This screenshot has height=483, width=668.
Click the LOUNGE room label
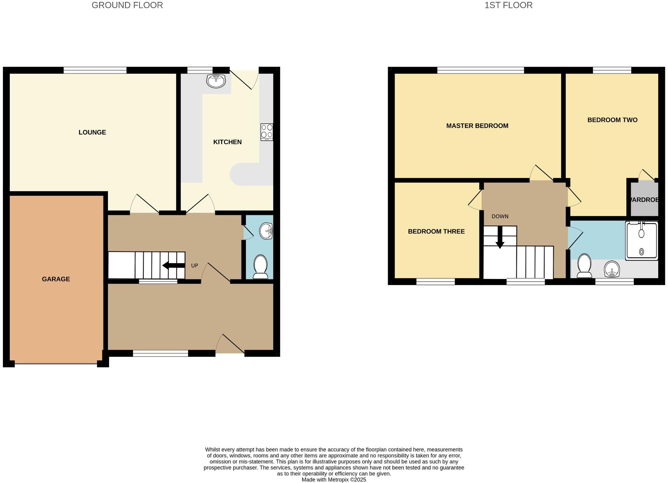point(92,132)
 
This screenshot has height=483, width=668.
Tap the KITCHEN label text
point(227,142)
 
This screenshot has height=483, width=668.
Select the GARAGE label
point(56,279)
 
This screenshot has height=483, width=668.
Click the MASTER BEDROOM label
point(477,126)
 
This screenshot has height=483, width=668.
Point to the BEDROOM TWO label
point(612,120)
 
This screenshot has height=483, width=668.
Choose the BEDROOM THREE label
point(436,232)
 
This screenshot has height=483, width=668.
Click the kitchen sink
point(216,81)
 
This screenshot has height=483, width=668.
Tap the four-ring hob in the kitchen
point(267,132)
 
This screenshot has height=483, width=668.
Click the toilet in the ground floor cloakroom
point(260,266)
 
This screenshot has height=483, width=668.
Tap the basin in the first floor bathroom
point(612,269)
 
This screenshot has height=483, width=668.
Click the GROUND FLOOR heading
point(127,5)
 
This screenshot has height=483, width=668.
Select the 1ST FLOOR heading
point(508,5)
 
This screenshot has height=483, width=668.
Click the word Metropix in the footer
point(334,480)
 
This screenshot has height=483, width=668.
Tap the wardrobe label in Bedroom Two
point(644,200)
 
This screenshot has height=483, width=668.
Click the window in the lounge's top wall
point(95,70)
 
